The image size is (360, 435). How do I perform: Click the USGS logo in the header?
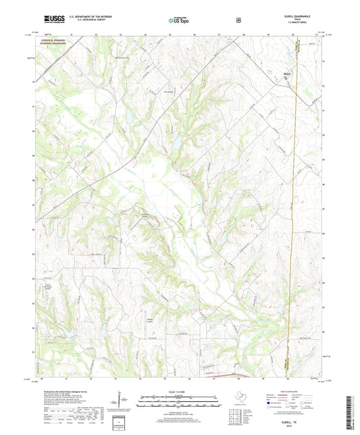click(x=53, y=20)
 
